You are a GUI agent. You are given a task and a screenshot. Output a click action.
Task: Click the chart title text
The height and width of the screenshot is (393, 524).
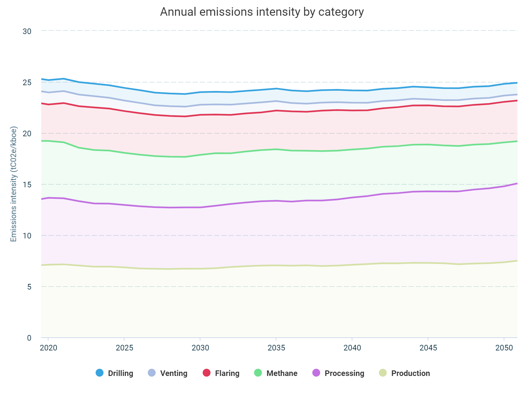click(262, 12)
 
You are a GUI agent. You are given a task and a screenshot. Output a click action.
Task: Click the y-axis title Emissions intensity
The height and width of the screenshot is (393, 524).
click(13, 184)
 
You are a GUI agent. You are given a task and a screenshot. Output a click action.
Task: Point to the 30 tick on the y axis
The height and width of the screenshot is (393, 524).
click(27, 31)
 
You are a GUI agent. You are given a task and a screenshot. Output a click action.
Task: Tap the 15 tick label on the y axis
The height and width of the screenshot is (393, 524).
click(27, 185)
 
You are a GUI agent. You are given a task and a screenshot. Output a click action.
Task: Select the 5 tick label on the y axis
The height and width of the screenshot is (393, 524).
click(29, 287)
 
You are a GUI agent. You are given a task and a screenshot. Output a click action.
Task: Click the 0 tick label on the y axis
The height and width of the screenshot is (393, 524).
click(29, 338)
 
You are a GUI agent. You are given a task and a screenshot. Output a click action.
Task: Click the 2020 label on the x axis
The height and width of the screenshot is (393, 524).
click(48, 348)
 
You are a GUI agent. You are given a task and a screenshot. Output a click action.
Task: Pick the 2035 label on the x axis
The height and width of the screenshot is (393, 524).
click(276, 348)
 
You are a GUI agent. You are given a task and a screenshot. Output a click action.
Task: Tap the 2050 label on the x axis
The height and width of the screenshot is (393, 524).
click(504, 348)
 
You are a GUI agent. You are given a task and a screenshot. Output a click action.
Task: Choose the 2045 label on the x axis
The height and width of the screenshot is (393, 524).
click(428, 348)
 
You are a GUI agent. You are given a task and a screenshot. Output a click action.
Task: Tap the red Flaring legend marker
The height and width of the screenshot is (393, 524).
click(207, 373)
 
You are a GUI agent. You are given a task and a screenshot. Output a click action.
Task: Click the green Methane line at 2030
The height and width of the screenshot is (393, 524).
click(200, 155)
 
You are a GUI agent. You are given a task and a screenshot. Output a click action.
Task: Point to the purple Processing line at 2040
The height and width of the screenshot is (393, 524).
click(352, 197)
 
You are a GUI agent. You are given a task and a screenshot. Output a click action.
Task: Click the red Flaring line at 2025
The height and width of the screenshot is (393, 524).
click(124, 111)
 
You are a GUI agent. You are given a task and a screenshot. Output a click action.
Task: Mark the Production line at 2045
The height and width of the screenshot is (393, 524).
click(428, 263)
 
